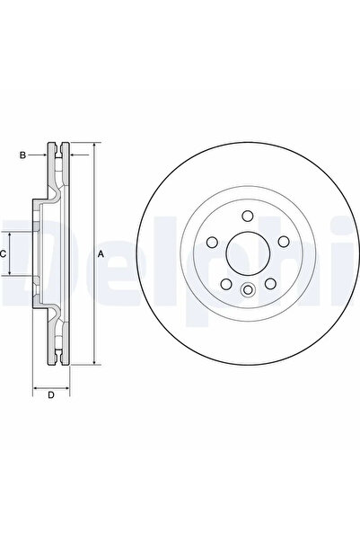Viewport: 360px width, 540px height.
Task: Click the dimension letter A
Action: pyautogui.click(x=101, y=254)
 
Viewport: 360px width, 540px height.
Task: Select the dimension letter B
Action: pyautogui.click(x=23, y=155)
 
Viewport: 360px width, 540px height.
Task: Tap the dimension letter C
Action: pyautogui.click(x=4, y=254)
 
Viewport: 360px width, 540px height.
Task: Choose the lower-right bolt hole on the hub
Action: pyautogui.click(x=268, y=282)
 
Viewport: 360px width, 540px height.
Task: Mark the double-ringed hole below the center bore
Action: pyautogui.click(x=246, y=288)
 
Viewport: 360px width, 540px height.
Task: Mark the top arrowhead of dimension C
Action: pyautogui.click(x=13, y=232)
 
